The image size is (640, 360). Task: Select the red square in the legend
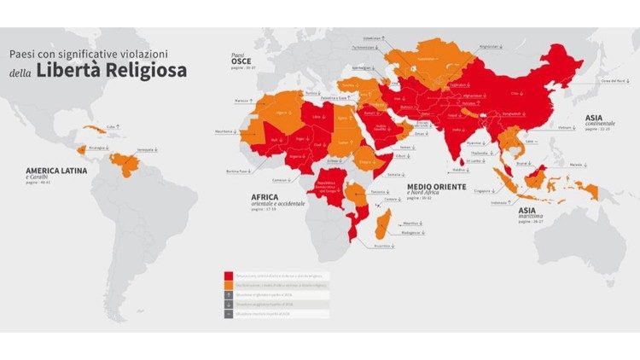pyautogui.click(x=229, y=277)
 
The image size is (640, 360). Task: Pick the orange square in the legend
pyautogui.click(x=229, y=289)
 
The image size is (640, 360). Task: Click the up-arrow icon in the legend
pyautogui.click(x=229, y=301)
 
